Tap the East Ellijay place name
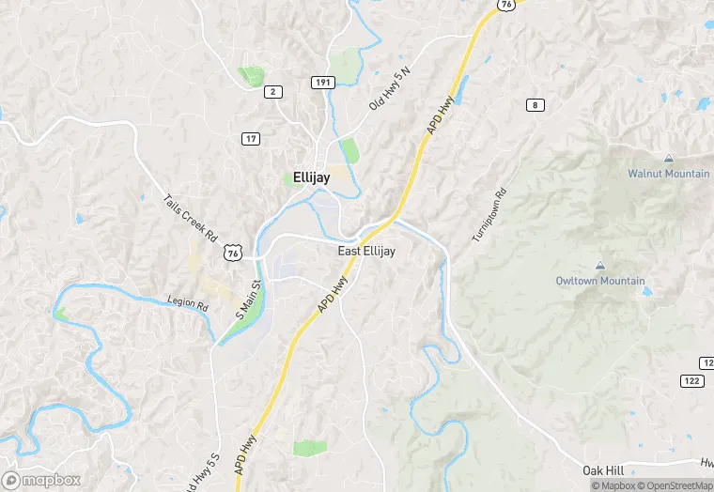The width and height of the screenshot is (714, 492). coord(366,252)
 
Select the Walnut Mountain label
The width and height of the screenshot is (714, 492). coord(668,174)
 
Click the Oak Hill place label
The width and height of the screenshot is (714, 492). coord(601,469)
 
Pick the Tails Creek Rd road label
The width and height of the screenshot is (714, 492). coord(191,218)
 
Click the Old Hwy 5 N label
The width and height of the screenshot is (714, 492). coord(390,90)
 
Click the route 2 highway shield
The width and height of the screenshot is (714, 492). coord(273,91)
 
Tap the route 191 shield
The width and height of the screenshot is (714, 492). coord(322,83)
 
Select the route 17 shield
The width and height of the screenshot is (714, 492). coord(250,139)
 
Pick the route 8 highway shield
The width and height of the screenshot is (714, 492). coord(535,104)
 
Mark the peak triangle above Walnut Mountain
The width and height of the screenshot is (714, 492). coord(668,159)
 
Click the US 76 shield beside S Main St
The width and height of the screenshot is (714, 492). coord(233,253)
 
